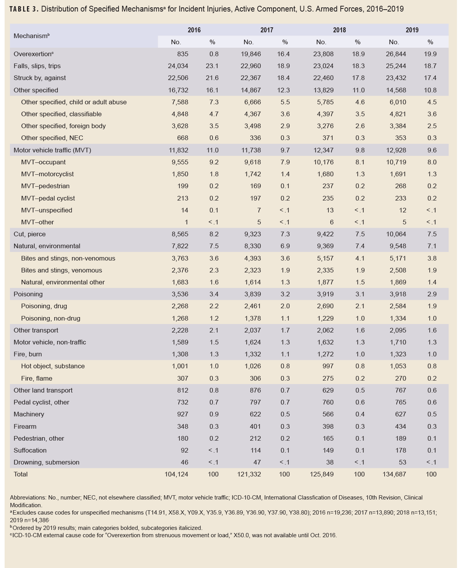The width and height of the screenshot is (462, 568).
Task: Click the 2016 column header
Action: [194, 30]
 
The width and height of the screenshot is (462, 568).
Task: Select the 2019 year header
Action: [412, 30]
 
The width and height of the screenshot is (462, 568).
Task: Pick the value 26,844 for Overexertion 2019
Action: [396, 54]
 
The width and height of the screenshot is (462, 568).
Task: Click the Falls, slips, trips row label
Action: [37, 66]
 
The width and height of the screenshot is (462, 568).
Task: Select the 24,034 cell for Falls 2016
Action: [178, 66]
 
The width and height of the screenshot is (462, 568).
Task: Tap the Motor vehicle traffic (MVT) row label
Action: [52, 150]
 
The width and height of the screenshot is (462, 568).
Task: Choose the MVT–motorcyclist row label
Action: [47, 174]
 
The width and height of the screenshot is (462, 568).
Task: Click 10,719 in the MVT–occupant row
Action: [396, 162]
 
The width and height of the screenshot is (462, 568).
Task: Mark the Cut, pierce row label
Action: [29, 234]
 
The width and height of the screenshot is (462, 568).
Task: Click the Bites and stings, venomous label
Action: [62, 270]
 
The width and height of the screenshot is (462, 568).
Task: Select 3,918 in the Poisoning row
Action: [398, 294]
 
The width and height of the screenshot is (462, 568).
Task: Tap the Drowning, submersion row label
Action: [46, 462]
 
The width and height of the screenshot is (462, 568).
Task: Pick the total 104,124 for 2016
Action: [176, 474]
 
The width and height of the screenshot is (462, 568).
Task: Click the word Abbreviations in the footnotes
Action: [26, 498]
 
